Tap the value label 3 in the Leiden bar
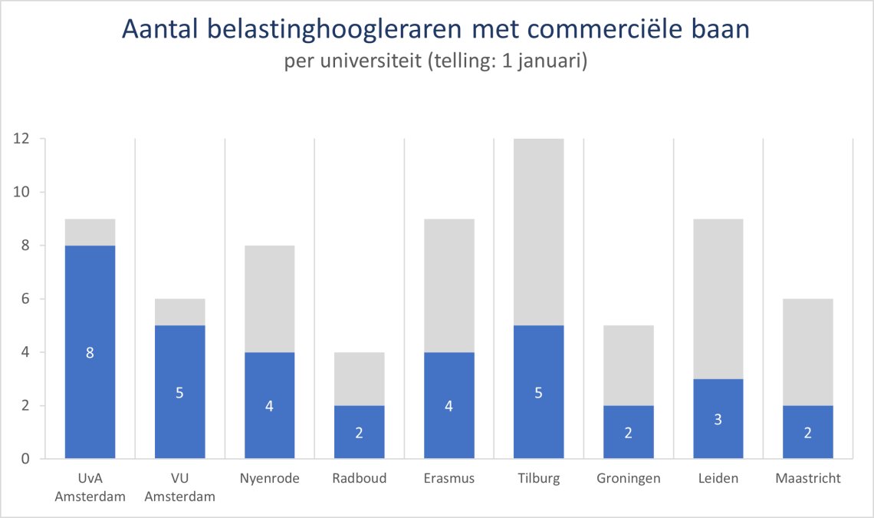pyautogui.click(x=718, y=419)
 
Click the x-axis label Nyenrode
pyautogui.click(x=269, y=479)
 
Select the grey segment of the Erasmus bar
pyautogui.click(x=449, y=285)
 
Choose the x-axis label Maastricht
pyautogui.click(x=807, y=479)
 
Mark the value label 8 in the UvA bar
pyautogui.click(x=90, y=353)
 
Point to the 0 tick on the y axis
pyautogui.click(x=25, y=459)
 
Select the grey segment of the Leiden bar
pyautogui.click(x=718, y=299)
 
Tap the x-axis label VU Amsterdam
pyautogui.click(x=179, y=487)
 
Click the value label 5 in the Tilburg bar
pyautogui.click(x=538, y=393)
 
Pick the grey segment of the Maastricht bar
pyautogui.click(x=807, y=352)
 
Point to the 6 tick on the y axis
pyautogui.click(x=25, y=299)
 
